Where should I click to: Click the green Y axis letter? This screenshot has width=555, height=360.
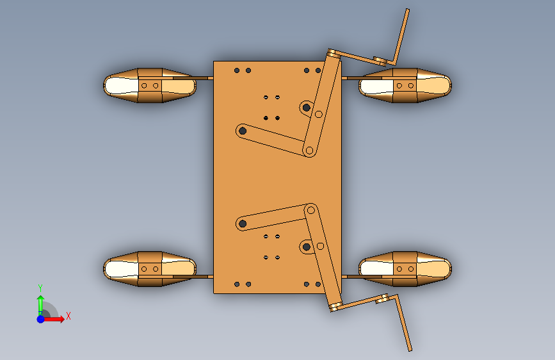40,288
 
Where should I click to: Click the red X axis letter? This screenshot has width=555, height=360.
68,316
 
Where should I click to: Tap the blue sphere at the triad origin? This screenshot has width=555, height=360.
41,319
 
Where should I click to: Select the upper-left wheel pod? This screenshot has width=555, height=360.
150,85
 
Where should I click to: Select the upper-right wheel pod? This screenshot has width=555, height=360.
405,85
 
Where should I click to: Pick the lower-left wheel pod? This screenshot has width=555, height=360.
150,269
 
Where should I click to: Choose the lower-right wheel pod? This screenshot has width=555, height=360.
405,269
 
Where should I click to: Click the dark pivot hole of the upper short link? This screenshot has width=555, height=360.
243,131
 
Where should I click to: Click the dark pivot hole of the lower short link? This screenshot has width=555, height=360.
243,224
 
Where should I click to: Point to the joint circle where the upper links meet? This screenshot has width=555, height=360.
309,151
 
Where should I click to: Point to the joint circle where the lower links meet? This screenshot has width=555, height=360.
310,211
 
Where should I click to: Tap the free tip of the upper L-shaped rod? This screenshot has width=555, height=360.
407,10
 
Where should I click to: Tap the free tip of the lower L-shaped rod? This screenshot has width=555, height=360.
410,350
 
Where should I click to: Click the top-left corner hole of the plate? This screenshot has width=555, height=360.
237,70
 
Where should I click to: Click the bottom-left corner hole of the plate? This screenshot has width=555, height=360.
237,284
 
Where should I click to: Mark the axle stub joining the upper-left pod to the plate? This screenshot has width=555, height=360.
203,78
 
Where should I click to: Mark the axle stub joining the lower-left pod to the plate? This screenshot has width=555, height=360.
203,276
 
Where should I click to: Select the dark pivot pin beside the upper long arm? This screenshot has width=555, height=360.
307,108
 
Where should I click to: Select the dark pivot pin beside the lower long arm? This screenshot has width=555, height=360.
307,247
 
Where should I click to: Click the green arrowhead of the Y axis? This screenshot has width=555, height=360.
41,299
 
